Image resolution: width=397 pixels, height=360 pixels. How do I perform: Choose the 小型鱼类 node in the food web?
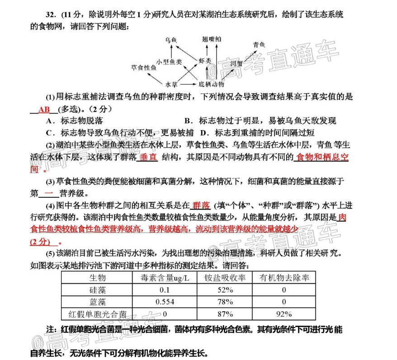(169, 61)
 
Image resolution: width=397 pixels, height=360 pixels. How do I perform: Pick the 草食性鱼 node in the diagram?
(144, 68)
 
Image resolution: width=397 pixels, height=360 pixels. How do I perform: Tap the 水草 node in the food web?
(172, 84)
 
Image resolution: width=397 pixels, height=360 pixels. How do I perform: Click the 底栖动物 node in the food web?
(211, 84)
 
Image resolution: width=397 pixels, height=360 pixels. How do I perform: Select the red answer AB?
(44, 109)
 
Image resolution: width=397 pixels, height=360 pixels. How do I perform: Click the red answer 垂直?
(148, 157)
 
